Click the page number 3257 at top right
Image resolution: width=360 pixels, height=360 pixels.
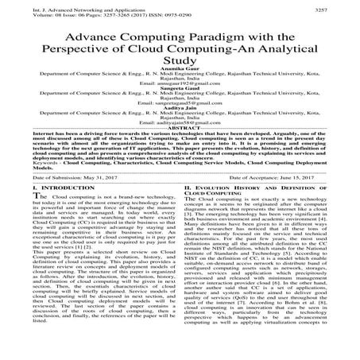(346, 6)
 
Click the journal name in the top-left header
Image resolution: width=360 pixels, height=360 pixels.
(64, 6)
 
